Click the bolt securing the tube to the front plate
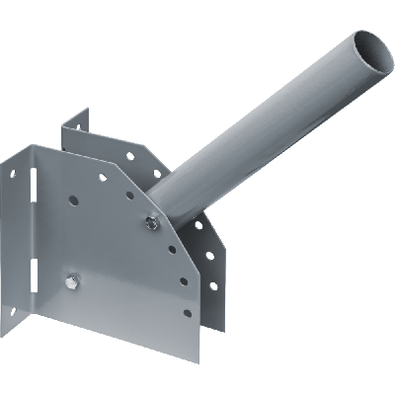[x=149, y=222]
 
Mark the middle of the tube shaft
[x=267, y=128]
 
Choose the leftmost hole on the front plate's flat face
[x=72, y=198]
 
